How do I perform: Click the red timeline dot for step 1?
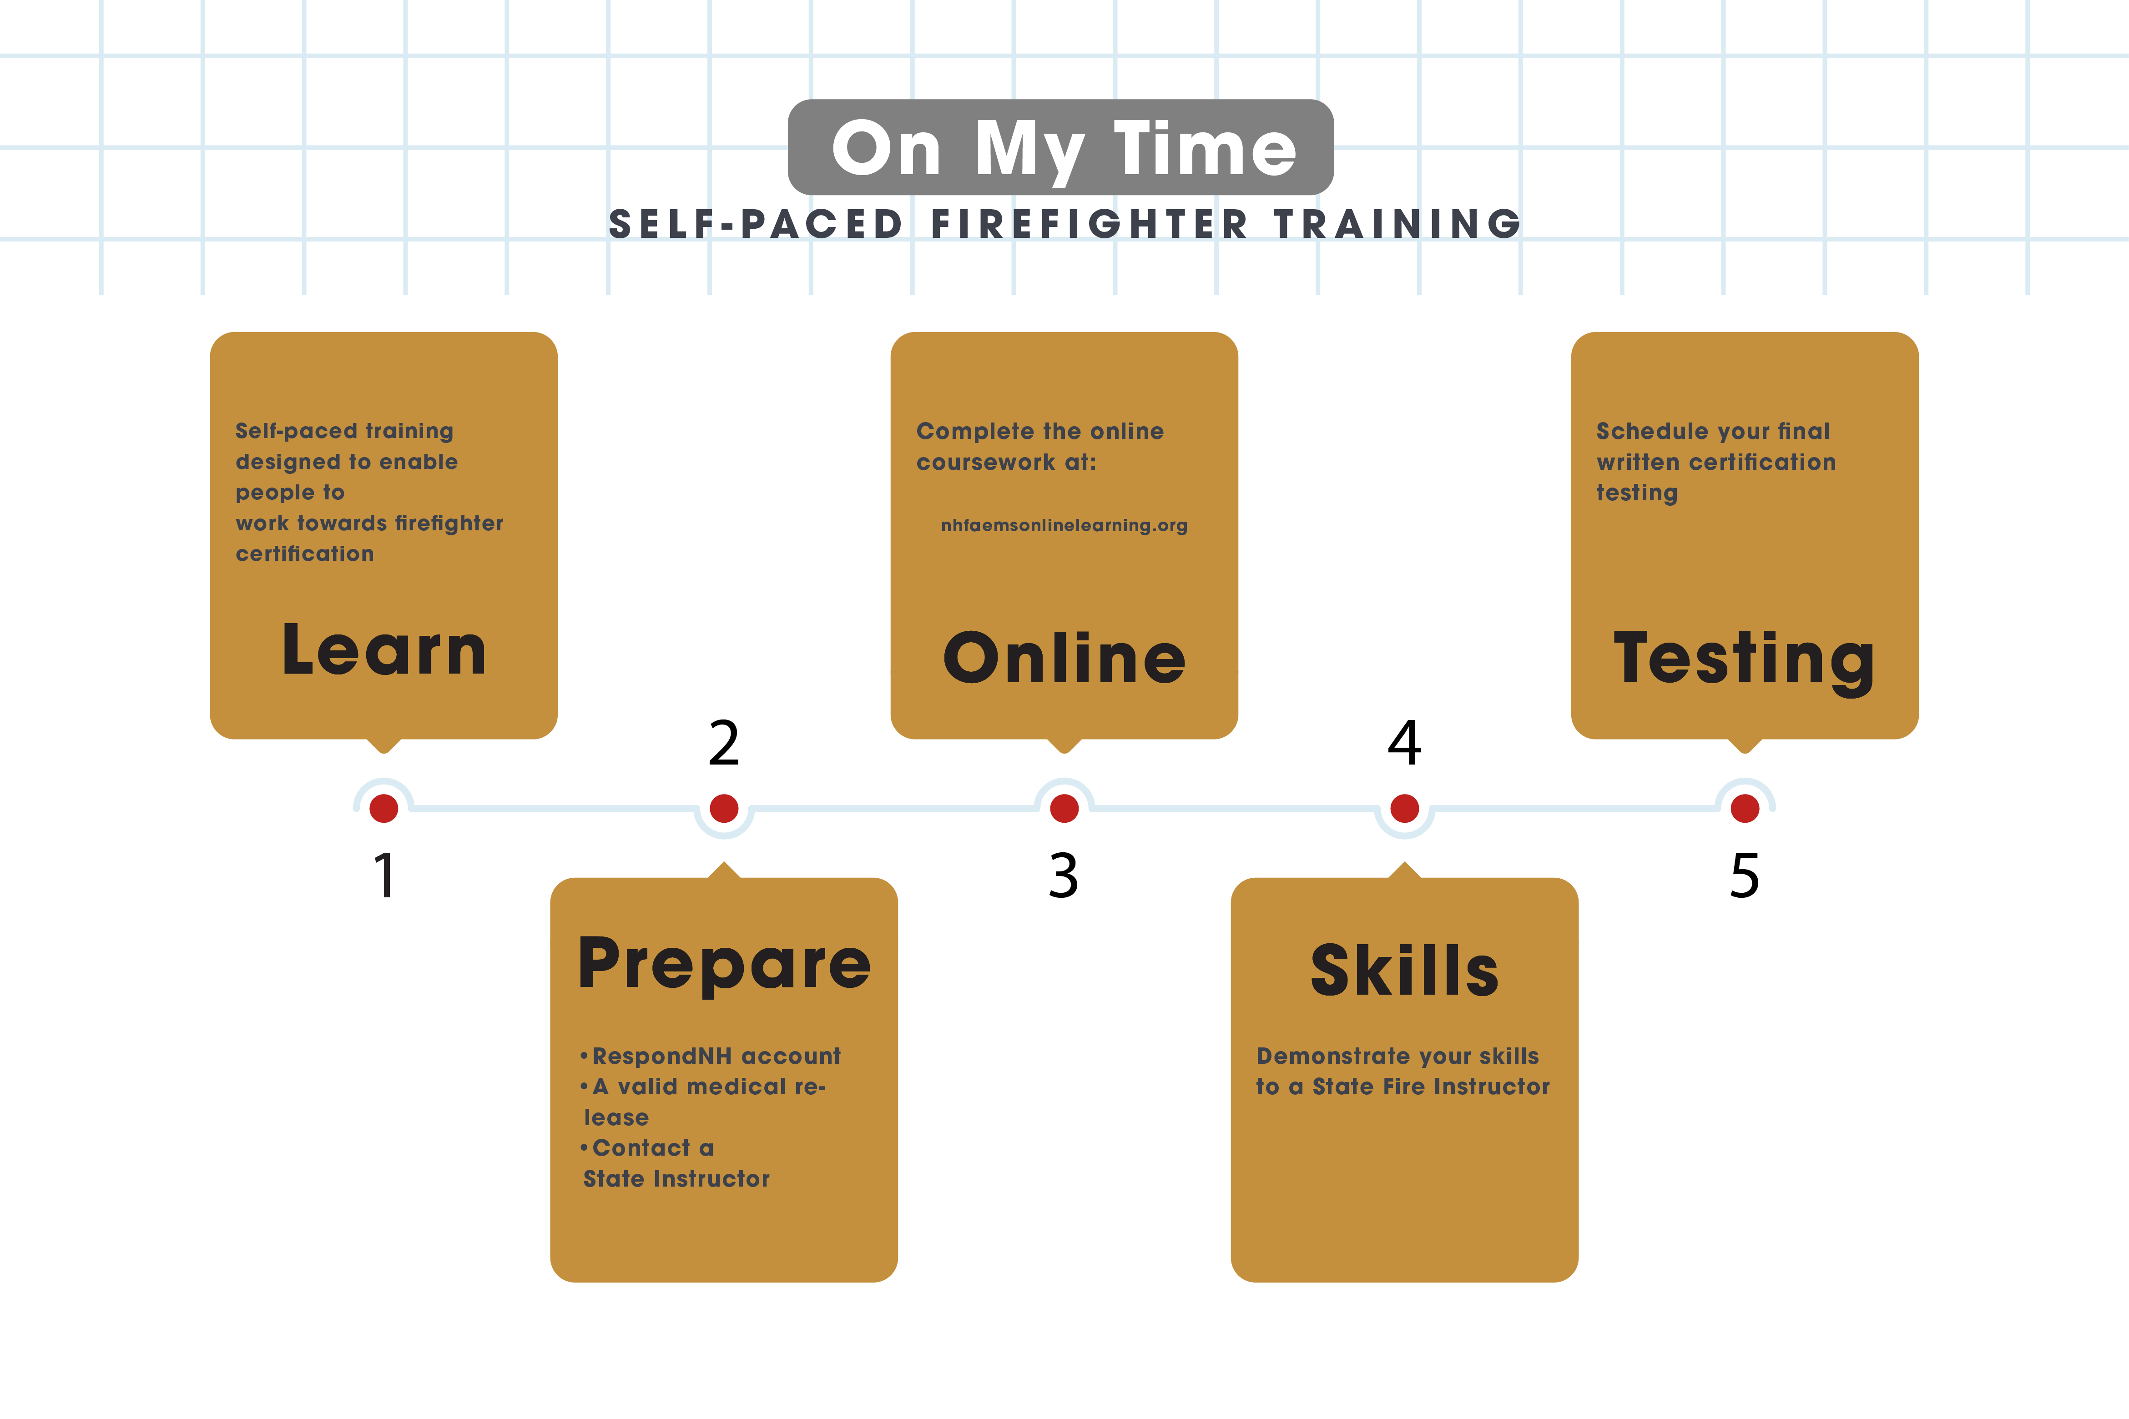pos(384,808)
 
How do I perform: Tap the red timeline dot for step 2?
pos(724,808)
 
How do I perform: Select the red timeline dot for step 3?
pos(1064,808)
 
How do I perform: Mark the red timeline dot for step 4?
pos(1405,808)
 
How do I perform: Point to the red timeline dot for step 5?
pos(1745,808)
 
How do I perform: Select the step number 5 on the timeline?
pos(1745,876)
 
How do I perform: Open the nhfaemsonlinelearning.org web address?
pos(1064,526)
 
